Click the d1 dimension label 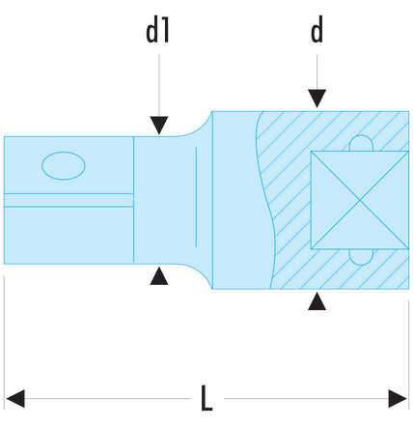(157, 31)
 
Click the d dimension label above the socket (317, 30)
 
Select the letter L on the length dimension (206, 397)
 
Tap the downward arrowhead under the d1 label (159, 125)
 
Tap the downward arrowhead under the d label (317, 99)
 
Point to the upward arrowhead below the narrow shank (159, 276)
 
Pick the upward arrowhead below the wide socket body (317, 301)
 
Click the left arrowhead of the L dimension (15, 399)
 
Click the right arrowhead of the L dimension (398, 399)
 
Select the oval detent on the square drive (64, 165)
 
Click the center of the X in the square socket (360, 200)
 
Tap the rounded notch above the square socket (361, 143)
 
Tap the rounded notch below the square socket (361, 257)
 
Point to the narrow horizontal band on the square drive (69, 200)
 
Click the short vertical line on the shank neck (196, 197)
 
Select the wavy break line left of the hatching (267, 200)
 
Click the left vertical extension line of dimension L (4, 342)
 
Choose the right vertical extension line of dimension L (409, 355)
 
